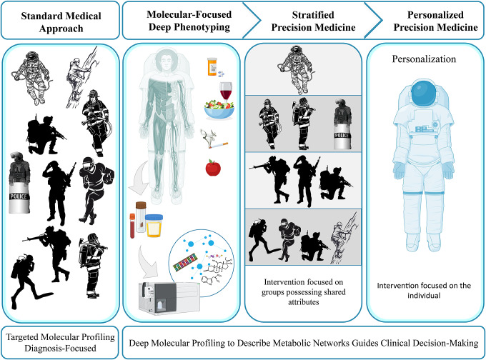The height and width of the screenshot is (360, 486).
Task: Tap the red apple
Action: click(x=214, y=169)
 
